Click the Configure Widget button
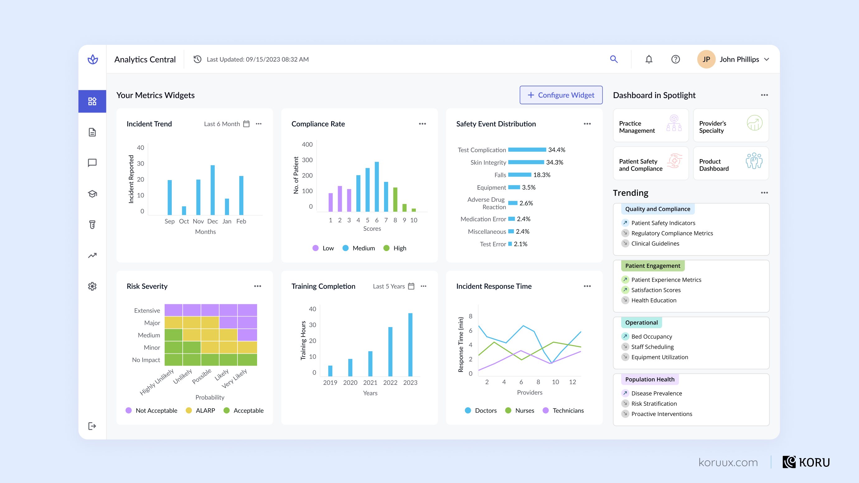[x=561, y=95]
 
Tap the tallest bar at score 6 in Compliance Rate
[x=377, y=187]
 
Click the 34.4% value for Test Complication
[x=556, y=150]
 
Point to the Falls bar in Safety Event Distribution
[x=519, y=175]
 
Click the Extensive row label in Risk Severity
[x=147, y=310]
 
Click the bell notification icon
[x=649, y=59]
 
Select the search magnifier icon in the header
[x=613, y=59]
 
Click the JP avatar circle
[x=706, y=59]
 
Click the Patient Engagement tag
[x=652, y=266]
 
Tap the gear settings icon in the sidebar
[x=92, y=286]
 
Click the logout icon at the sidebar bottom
[x=92, y=426]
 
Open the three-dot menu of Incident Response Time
[x=587, y=286]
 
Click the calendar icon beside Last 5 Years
[x=411, y=286]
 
